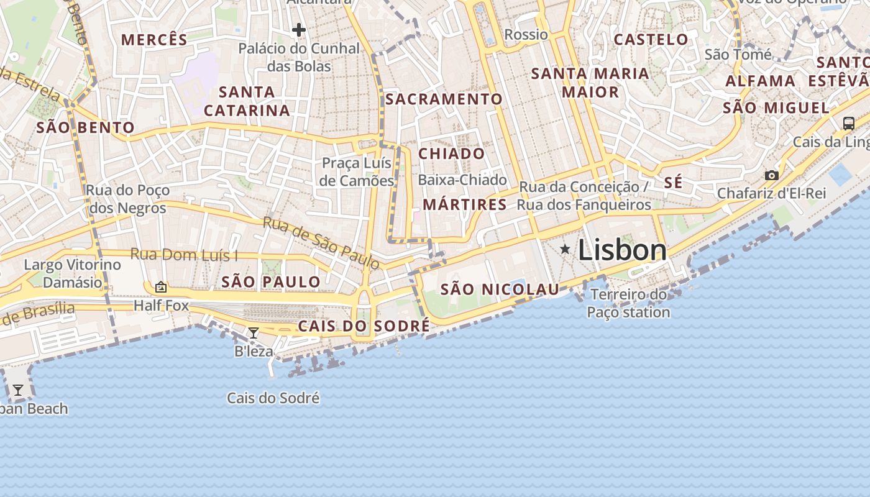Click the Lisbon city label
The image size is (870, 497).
tap(622, 250)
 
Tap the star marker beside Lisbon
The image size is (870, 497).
tap(565, 249)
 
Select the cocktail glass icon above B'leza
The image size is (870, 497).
tap(253, 333)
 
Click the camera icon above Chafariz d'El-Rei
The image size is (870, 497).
tap(771, 176)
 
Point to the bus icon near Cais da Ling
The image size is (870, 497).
tap(848, 123)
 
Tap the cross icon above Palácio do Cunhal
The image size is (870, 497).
tap(299, 29)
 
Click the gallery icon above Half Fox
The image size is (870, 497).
tap(161, 286)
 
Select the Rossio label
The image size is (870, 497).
tap(526, 34)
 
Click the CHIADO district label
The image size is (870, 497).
tap(452, 153)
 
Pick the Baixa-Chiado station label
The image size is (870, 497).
tap(462, 180)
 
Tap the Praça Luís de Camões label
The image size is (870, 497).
tap(357, 172)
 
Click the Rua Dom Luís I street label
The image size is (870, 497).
tap(184, 255)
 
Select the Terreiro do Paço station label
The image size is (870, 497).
tap(628, 303)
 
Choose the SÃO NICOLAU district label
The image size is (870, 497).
tap(500, 289)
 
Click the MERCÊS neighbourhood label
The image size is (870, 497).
tap(154, 40)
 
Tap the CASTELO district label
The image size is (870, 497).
tap(651, 40)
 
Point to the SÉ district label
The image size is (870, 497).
tap(673, 183)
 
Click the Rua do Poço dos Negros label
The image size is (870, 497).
tap(127, 199)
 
